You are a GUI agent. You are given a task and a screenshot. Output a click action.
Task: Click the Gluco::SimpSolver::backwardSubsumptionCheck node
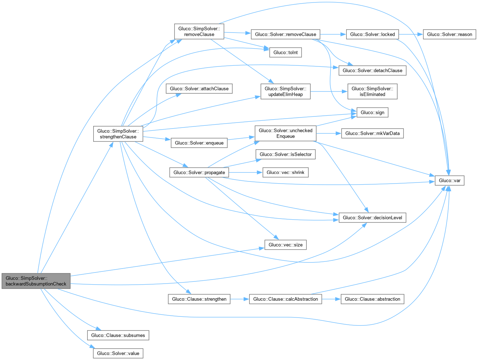(x=36, y=281)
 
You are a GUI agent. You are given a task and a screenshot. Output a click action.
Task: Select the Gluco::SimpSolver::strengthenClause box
(x=118, y=134)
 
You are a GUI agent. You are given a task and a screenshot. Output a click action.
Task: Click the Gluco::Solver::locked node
(x=372, y=35)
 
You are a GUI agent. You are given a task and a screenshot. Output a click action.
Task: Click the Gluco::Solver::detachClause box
(x=372, y=70)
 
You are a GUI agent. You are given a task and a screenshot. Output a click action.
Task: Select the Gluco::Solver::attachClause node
(x=199, y=89)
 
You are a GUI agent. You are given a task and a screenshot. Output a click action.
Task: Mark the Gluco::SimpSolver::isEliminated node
(x=372, y=92)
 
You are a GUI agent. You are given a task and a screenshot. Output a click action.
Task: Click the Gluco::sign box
(x=372, y=112)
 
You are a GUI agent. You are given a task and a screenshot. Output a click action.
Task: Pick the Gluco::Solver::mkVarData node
(x=372, y=134)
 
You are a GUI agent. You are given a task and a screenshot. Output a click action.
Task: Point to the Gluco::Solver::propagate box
(x=199, y=172)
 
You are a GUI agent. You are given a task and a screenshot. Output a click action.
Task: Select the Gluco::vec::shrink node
(x=285, y=172)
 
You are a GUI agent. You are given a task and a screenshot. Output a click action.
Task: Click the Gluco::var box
(x=449, y=181)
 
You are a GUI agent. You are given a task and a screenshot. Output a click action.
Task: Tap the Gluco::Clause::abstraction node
(x=372, y=299)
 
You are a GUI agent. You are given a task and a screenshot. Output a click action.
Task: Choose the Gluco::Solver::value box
(x=118, y=354)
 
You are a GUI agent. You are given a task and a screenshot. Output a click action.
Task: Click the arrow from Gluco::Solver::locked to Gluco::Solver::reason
(x=411, y=35)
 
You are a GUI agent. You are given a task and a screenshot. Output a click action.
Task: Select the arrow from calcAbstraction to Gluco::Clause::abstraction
(x=331, y=299)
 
